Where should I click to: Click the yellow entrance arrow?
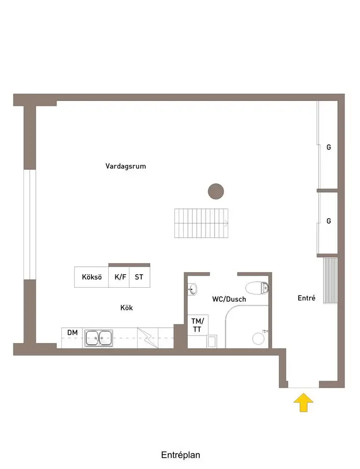tap(303, 402)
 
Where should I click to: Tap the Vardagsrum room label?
tap(125, 166)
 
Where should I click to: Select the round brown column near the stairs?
tap(216, 191)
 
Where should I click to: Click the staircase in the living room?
tap(201, 223)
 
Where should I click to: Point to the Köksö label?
tap(91, 277)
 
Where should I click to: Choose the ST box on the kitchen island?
tap(139, 277)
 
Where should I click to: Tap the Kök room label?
tap(126, 308)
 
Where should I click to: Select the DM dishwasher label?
tap(72, 332)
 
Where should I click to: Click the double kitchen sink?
tap(98, 338)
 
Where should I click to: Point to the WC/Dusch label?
tap(229, 299)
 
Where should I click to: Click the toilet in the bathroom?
tap(257, 287)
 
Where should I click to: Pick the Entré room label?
tap(306, 298)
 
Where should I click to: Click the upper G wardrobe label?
tap(329, 147)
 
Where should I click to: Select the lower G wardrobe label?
tap(329, 221)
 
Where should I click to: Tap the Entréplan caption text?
tap(180, 455)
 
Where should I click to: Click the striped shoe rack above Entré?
tap(330, 280)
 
